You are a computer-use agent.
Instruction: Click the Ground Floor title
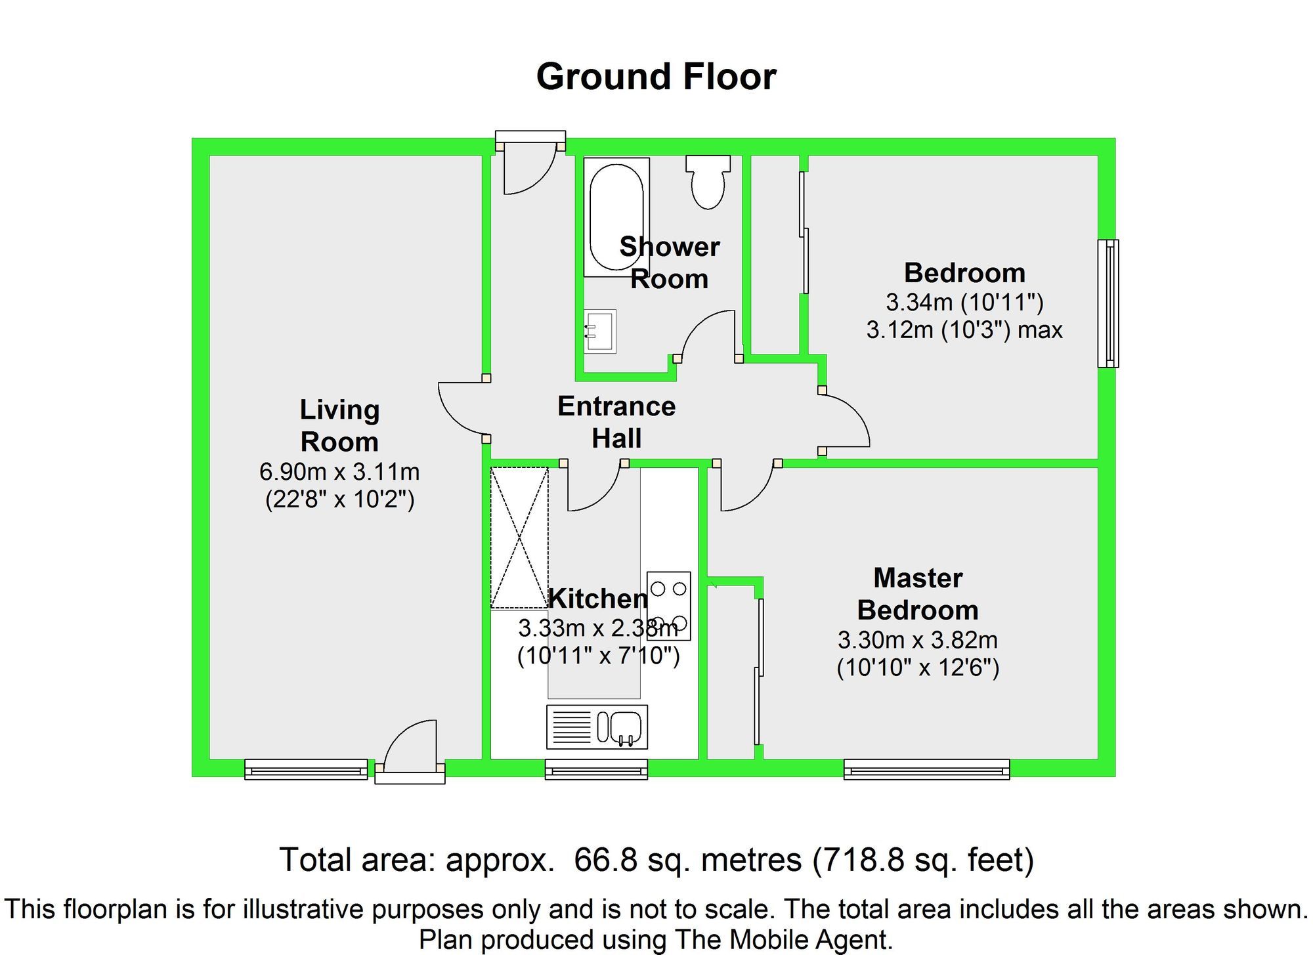(x=656, y=77)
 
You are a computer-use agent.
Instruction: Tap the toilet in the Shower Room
(x=708, y=182)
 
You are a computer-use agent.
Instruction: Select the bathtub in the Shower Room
(x=616, y=217)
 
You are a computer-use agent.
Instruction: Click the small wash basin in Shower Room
(x=600, y=331)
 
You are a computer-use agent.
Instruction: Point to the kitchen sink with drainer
(x=597, y=727)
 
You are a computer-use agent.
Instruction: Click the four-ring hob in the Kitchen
(x=669, y=606)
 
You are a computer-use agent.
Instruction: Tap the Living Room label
(x=339, y=425)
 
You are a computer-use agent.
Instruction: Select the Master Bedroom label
(x=918, y=594)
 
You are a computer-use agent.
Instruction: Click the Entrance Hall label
(x=616, y=422)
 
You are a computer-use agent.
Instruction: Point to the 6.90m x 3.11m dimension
(x=339, y=471)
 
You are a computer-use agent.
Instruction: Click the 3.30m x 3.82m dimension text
(x=918, y=639)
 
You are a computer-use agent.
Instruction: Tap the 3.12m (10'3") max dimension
(x=964, y=329)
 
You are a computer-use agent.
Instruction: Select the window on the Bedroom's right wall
(x=1108, y=303)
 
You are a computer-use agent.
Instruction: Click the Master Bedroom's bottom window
(x=926, y=769)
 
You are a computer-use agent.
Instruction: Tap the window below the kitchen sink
(x=596, y=769)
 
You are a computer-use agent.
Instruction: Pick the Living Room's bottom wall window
(x=306, y=769)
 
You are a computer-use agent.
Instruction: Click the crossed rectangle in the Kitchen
(x=519, y=538)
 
